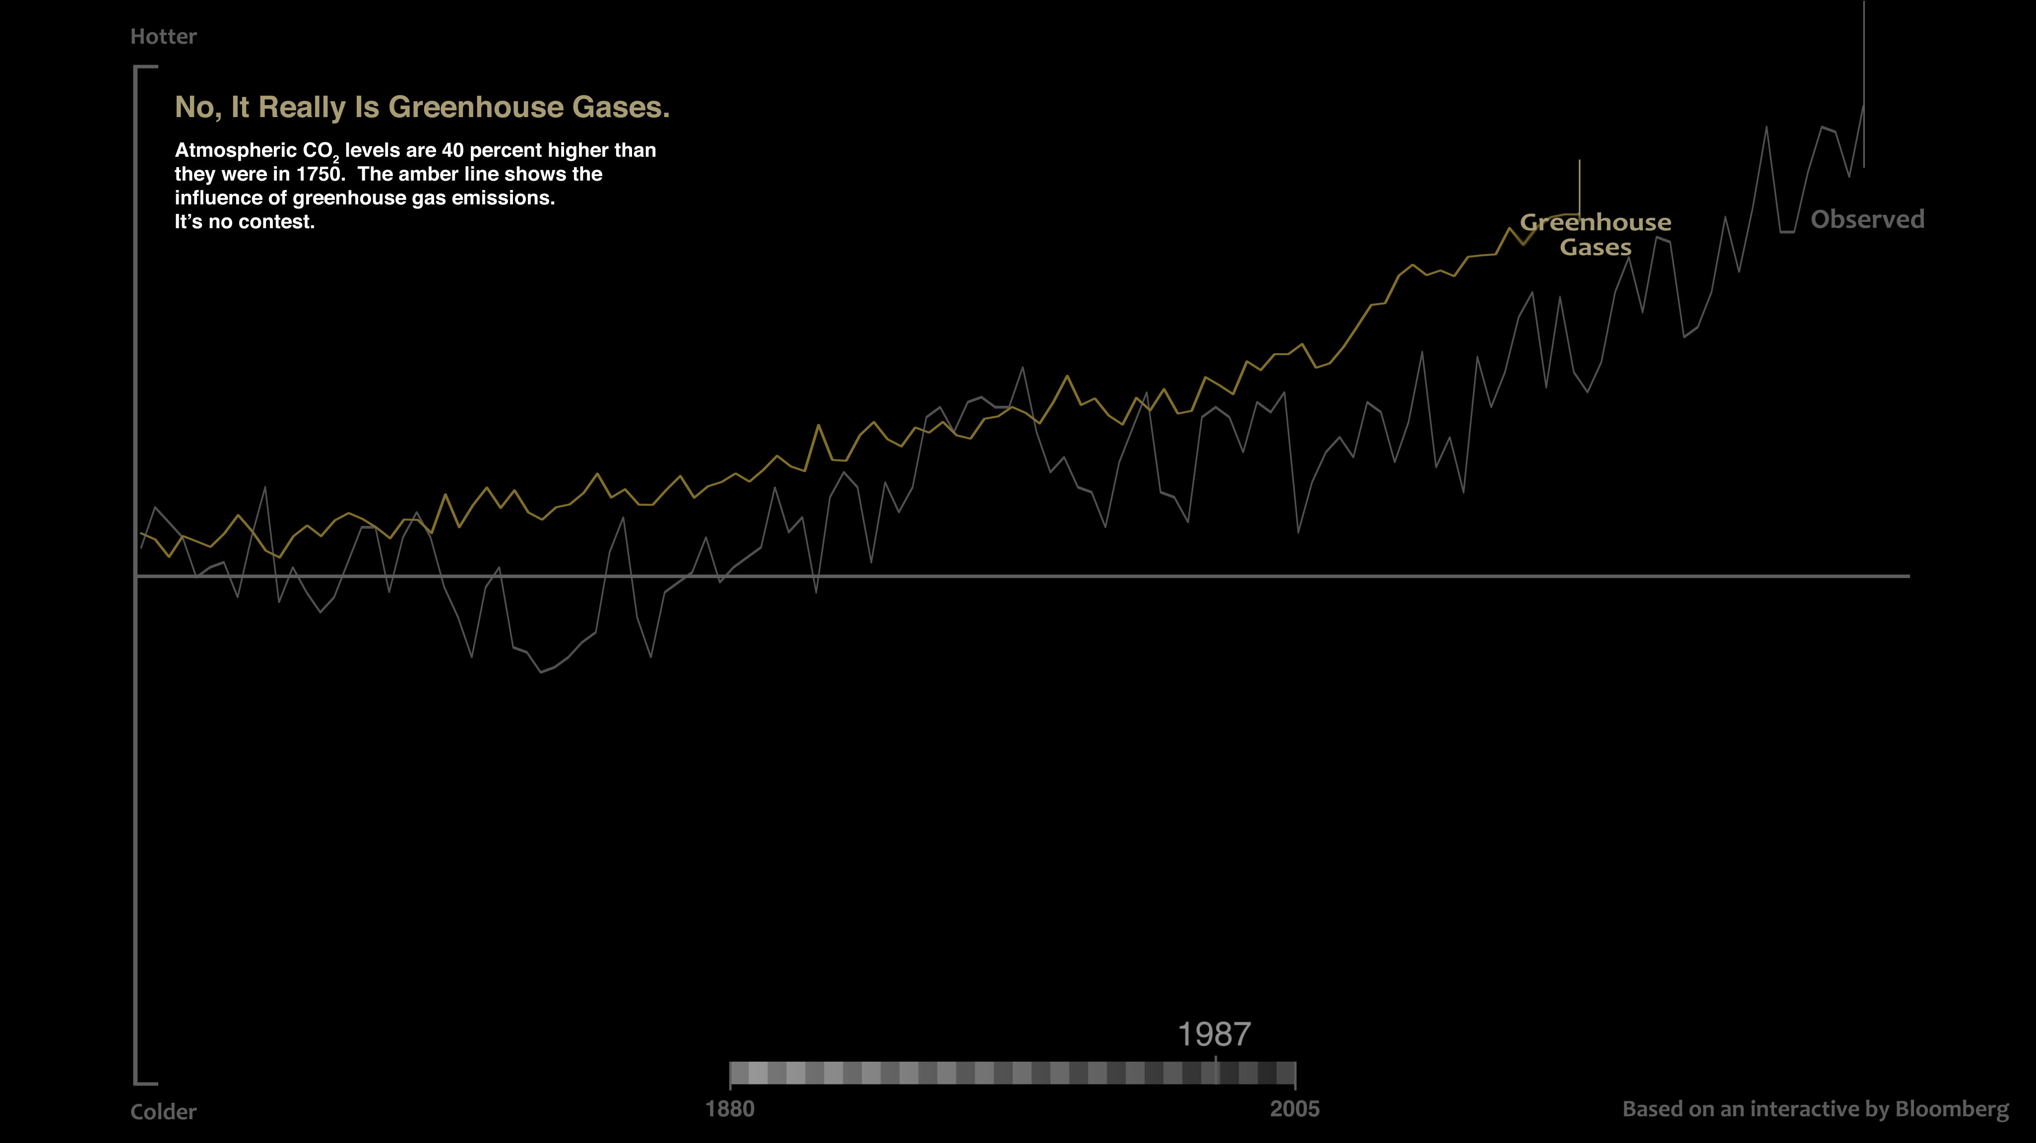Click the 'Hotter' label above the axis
click(163, 36)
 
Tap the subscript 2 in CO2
click(336, 159)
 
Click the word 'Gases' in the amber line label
click(1595, 248)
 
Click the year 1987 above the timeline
click(1214, 1034)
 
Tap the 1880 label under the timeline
click(729, 1109)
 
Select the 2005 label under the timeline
click(1295, 1109)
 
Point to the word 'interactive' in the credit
click(1804, 1109)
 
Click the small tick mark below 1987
click(1215, 1059)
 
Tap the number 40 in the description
click(453, 150)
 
